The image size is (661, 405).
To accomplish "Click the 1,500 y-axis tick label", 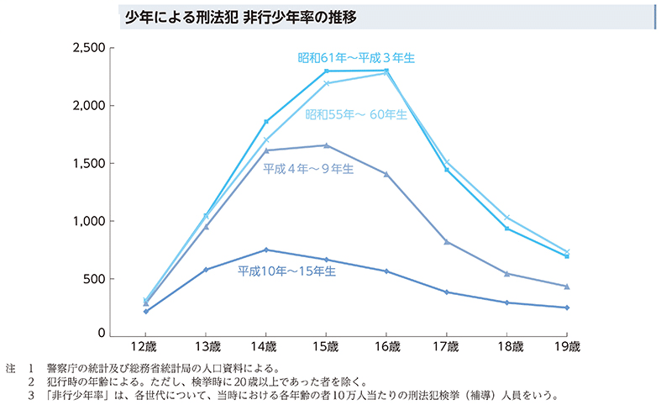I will (x=88, y=163).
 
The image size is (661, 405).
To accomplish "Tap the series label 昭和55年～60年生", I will (x=356, y=115).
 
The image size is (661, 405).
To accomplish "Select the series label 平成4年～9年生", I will (x=308, y=168).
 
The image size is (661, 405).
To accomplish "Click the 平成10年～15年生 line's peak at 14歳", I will (x=265, y=250).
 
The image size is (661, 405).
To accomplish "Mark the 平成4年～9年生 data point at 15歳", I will (x=326, y=145).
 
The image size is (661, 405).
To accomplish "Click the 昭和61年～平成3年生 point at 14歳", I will (x=265, y=122).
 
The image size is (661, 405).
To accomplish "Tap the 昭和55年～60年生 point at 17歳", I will (x=447, y=161).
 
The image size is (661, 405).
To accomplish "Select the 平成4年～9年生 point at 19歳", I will (x=567, y=287).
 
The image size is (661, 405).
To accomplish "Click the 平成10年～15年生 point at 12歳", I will (x=145, y=311).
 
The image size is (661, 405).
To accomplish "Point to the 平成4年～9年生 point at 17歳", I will (x=447, y=242).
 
